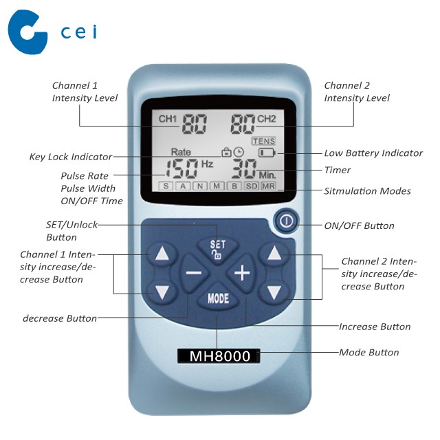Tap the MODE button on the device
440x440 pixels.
pos(218,298)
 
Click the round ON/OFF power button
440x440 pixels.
pos(286,221)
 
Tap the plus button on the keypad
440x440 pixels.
pos(242,273)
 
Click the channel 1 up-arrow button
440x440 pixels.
pos(162,254)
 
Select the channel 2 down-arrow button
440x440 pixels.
pos(274,292)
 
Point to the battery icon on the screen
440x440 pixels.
pos(267,153)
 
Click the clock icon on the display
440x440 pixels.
pos(239,152)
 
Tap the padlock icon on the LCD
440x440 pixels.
pos(226,152)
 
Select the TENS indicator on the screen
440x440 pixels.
pos(263,141)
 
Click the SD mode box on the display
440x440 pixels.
pos(252,186)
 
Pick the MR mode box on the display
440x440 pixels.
pos(269,186)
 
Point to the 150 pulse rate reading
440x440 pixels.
pos(182,168)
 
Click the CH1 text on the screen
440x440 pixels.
pos(168,119)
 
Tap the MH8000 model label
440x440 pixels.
pos(219,356)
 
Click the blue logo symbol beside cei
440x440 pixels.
pos(27,32)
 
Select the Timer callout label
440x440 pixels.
pos(338,170)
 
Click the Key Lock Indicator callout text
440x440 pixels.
pos(71,157)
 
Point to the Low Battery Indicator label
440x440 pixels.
pos(373,153)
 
